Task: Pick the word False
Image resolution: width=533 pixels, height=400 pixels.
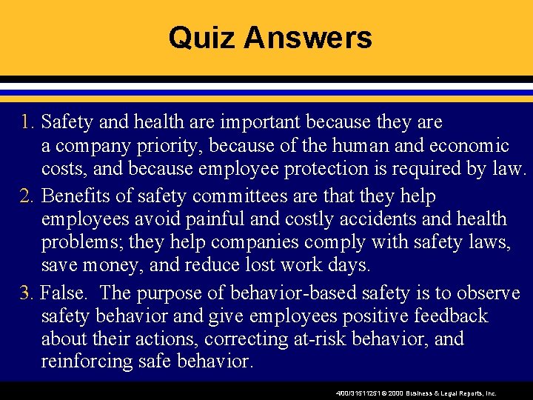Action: (61, 293)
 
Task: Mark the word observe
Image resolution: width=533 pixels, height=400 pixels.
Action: (486, 293)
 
